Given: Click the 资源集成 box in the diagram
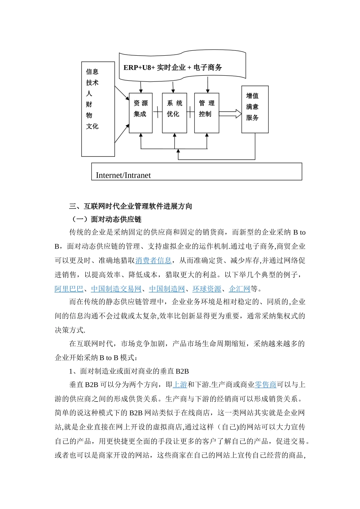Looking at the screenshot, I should coord(141,112).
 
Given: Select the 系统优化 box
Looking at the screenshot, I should coord(174,112).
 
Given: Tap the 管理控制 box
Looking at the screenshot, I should coord(207,112).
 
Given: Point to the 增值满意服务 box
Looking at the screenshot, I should coord(255,109).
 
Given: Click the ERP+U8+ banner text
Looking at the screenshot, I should coord(173,67).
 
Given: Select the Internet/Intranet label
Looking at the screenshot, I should coord(123,175).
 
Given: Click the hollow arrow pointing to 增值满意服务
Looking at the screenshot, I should coord(230,114).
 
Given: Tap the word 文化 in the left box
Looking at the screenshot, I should coord(92,126).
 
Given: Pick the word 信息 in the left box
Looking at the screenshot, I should coord(92,71).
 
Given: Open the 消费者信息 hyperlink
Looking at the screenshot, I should coord(153,261).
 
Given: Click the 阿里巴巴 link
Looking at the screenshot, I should coord(69,289).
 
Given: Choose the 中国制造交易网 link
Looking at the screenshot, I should coord(116,289).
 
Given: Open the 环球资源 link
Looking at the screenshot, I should coord(207,289).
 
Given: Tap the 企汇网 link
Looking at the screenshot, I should coord(239,289).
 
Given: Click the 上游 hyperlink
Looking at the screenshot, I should coord(180,385).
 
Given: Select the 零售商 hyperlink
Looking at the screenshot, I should coord(265,385).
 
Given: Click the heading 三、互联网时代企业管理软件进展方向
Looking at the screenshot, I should coord(131,206).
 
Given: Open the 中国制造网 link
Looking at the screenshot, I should coord(167,289).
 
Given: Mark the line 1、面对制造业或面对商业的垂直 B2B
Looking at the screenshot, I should coord(129,371).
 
